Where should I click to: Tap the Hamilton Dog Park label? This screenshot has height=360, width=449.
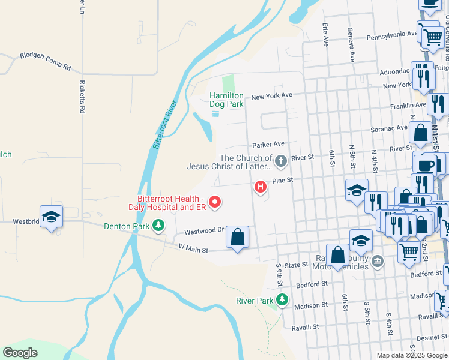coord(226,100)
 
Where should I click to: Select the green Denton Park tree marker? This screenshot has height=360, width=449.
coord(158,226)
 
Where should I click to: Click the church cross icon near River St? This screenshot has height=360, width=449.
coord(280,161)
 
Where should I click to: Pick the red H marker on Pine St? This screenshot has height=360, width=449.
coord(261,187)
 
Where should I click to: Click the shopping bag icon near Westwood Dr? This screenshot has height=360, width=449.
coord(238,238)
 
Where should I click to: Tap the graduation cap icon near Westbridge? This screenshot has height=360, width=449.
coord(51,217)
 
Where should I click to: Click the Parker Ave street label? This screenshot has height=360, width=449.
coord(268,145)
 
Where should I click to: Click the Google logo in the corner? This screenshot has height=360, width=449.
coord(20,352)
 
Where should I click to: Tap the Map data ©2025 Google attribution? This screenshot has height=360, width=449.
coord(412,355)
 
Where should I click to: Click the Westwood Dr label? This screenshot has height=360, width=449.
coord(204,230)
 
